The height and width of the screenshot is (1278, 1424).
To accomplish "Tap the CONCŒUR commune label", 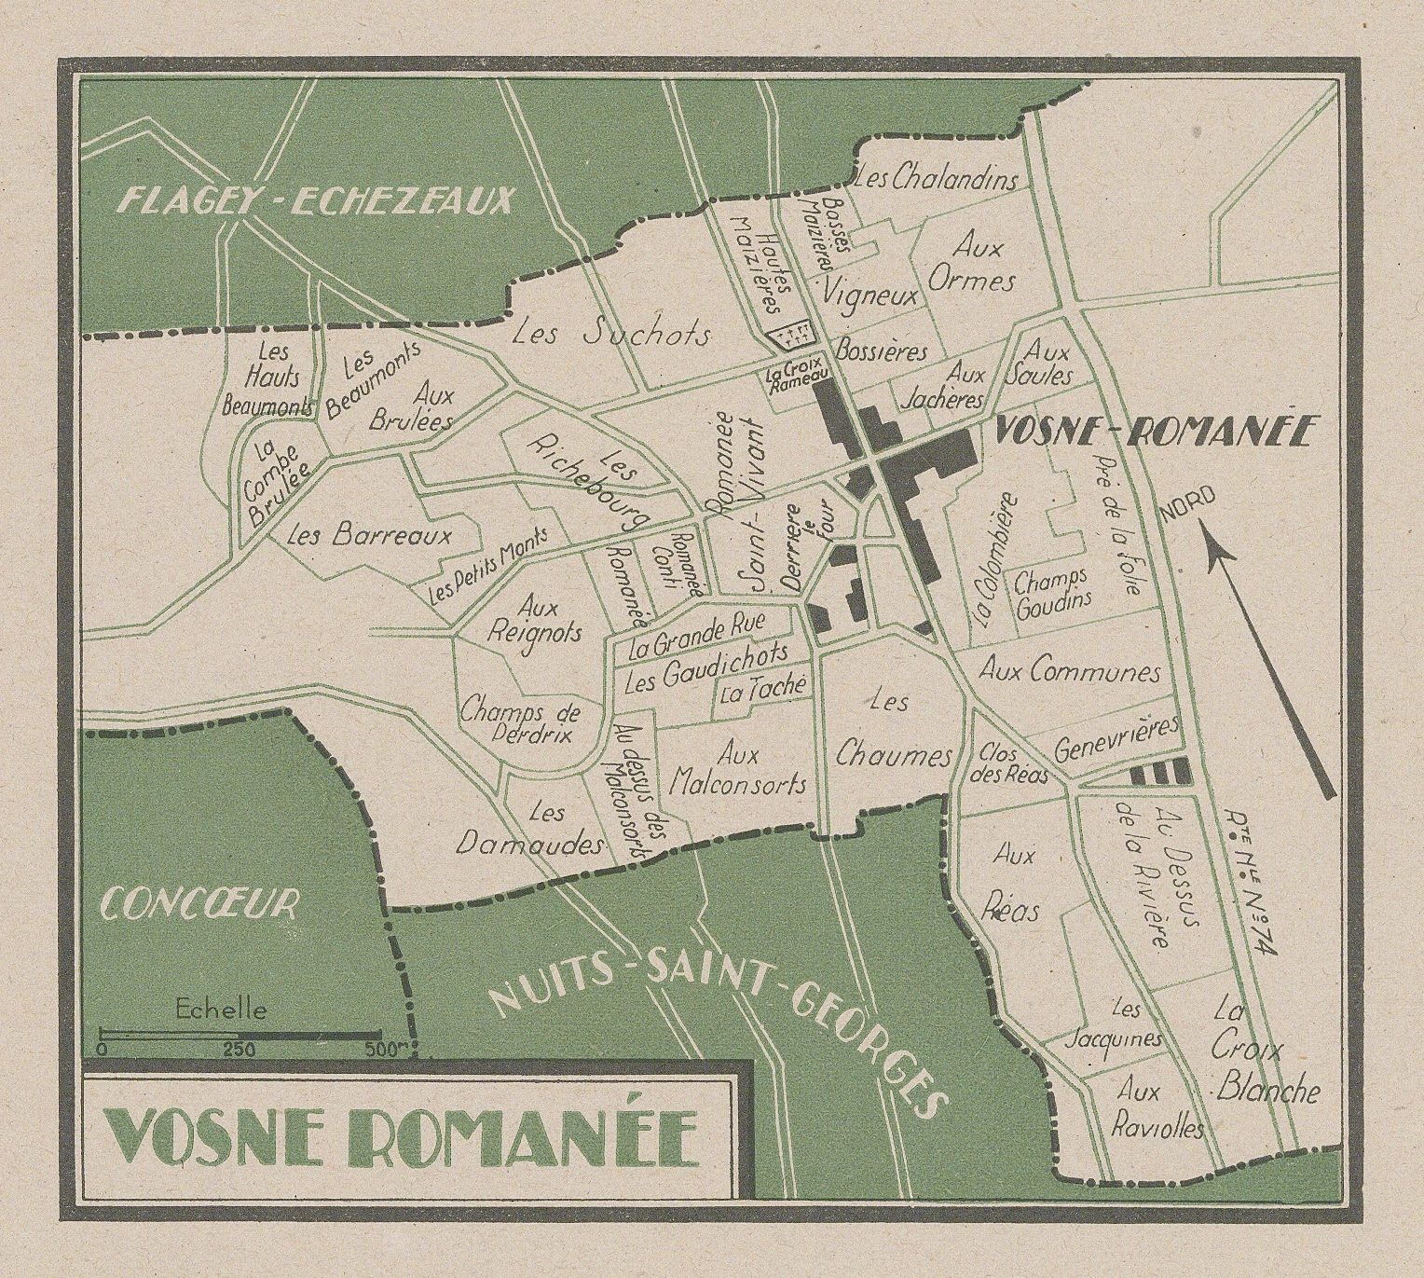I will tap(199, 902).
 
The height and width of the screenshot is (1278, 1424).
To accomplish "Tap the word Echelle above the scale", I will tap(221, 1009).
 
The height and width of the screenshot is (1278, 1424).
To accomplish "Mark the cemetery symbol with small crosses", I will tap(786, 332).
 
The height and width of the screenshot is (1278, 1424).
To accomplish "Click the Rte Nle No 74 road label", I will tap(1249, 895).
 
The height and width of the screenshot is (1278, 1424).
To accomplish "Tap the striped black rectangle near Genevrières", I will tap(1159, 771).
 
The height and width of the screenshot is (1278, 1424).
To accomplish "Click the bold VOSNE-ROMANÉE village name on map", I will tap(1155, 432).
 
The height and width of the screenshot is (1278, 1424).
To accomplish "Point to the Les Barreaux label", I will tap(369, 536).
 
